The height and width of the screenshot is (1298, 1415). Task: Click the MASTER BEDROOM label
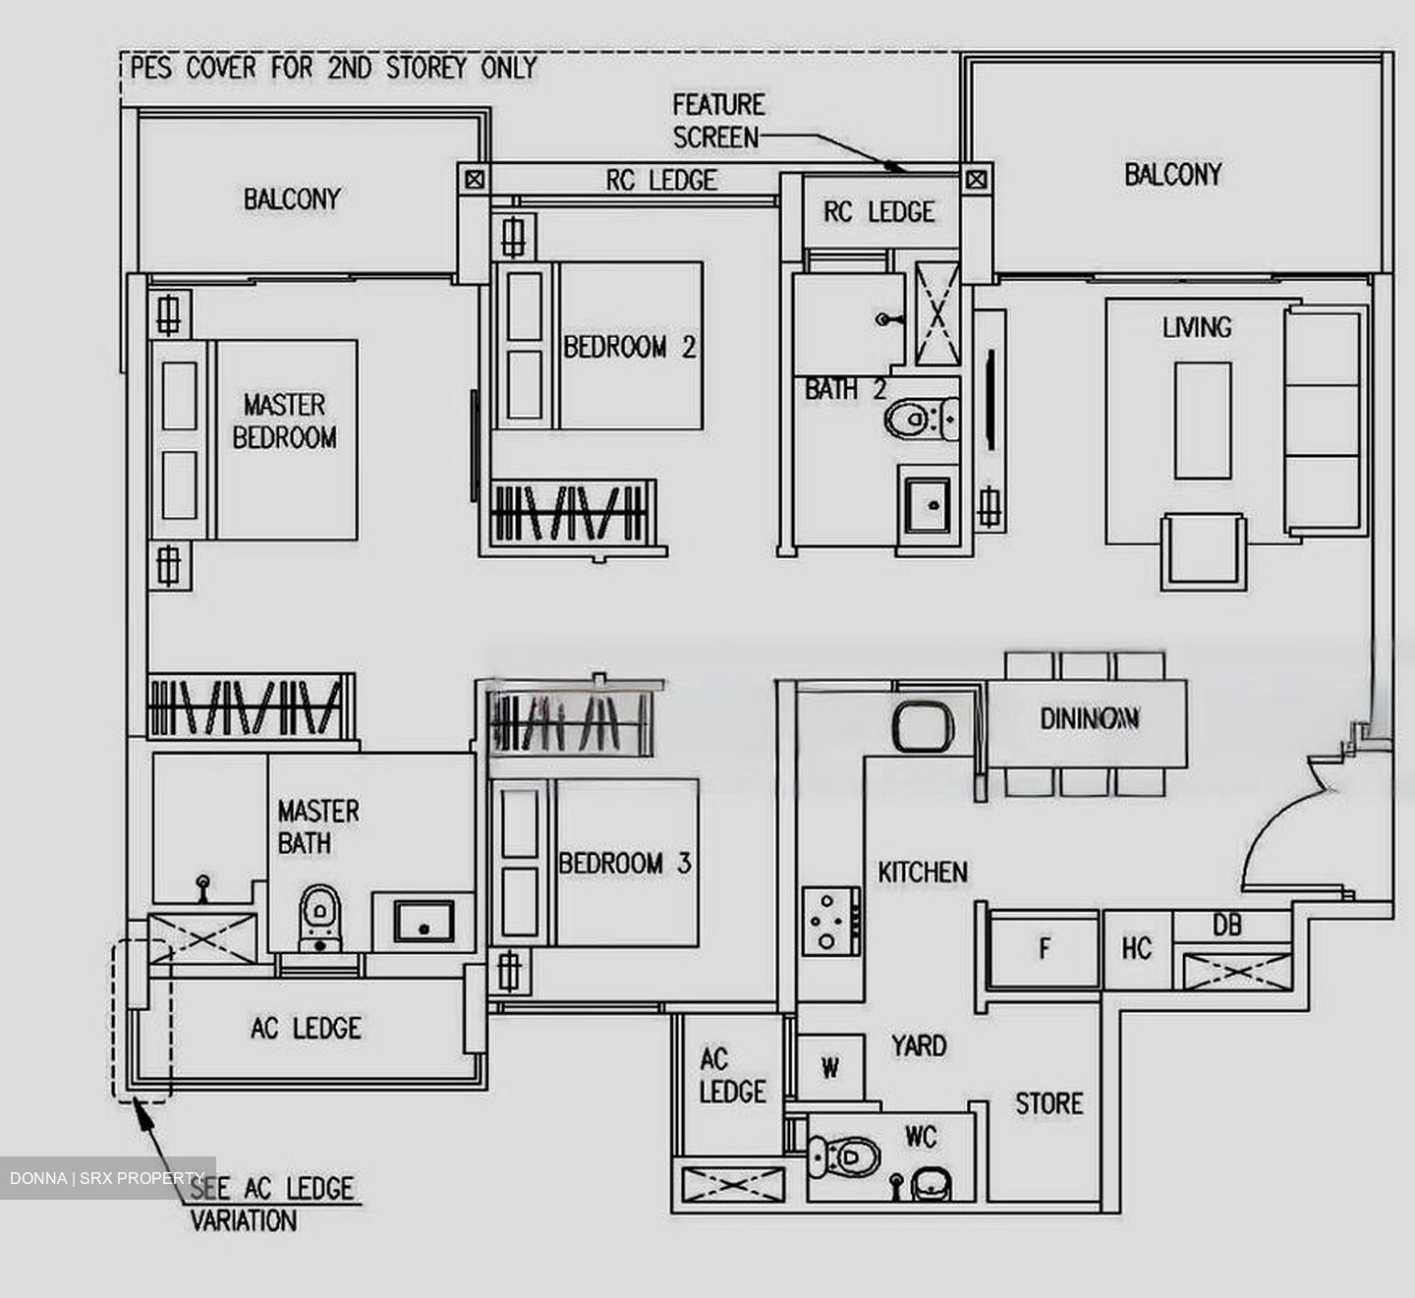[285, 421]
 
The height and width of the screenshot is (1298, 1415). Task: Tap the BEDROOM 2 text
[629, 347]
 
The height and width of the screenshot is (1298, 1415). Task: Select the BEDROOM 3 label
[625, 864]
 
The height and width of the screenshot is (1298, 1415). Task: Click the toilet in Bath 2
[914, 420]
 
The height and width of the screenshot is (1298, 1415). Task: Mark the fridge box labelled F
[1044, 949]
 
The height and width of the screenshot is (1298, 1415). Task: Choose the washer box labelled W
[830, 1067]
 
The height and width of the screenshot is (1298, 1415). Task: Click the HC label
[1136, 949]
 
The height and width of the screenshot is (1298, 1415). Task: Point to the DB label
[1226, 926]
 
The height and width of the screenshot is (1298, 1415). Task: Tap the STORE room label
[1048, 1104]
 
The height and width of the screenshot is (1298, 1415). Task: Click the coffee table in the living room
[1203, 421]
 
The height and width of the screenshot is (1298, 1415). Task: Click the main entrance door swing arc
[1277, 806]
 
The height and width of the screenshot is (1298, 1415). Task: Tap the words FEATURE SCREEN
[718, 121]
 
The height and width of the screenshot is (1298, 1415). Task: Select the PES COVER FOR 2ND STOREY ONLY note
[334, 69]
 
